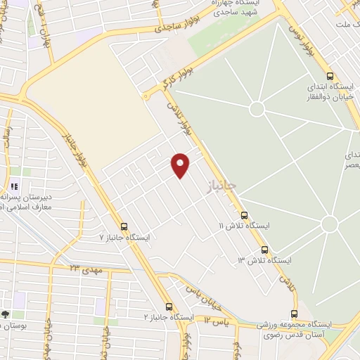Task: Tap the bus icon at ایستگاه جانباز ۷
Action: (x=124, y=226)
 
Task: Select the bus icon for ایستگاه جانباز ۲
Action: (x=169, y=307)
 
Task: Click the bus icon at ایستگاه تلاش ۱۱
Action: (x=244, y=215)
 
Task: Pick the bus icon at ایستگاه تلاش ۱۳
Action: (x=264, y=250)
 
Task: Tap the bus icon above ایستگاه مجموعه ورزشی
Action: (x=295, y=314)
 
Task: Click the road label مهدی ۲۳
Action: (x=86, y=269)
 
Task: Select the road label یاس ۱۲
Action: (x=217, y=320)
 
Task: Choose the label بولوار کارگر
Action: (x=169, y=82)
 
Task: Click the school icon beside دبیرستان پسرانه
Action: (x=13, y=187)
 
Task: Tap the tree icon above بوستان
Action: (x=6, y=314)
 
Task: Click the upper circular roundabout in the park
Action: (x=257, y=109)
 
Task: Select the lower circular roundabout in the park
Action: (x=329, y=224)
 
